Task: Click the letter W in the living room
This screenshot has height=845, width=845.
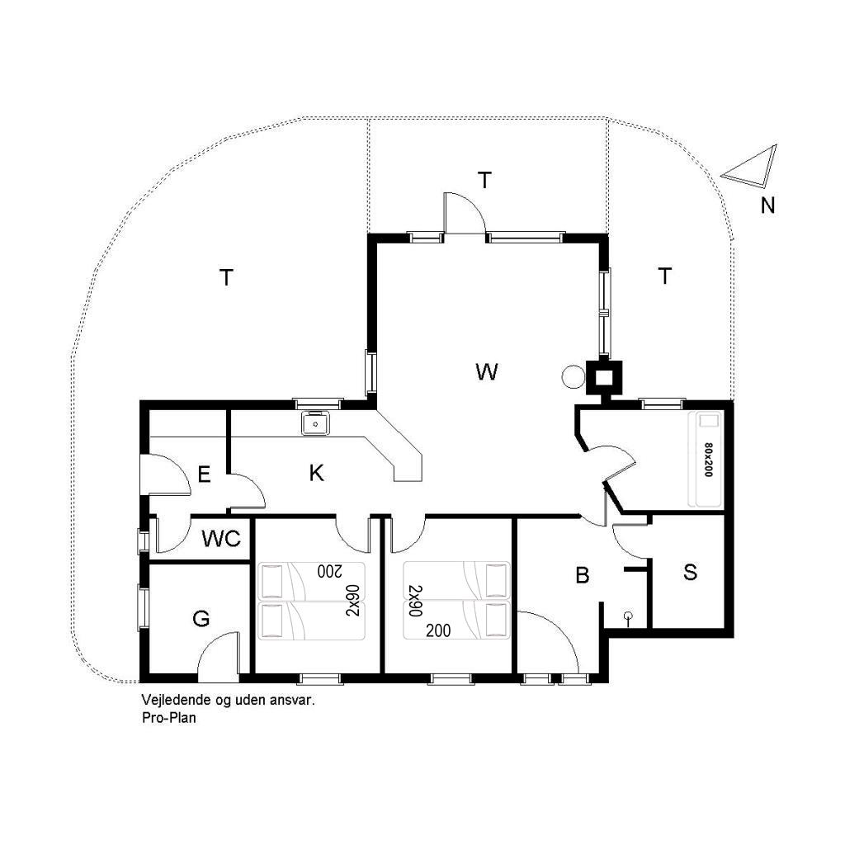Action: coord(487,372)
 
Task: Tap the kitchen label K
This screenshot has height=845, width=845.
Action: coord(317,473)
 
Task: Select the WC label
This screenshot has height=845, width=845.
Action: coord(221,538)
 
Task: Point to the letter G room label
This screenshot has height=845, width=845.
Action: coord(201,619)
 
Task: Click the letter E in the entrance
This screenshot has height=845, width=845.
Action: coord(205,474)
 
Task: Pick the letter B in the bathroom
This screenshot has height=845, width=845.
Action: coord(583,575)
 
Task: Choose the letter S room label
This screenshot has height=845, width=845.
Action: coord(691,572)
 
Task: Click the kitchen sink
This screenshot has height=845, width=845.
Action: coord(315,423)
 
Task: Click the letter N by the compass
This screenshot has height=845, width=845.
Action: coord(768,205)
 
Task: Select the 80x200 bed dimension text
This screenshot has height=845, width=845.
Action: coord(708,460)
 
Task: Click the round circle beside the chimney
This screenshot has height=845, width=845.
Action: coord(573,376)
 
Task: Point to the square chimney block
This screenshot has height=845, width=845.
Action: coord(604,377)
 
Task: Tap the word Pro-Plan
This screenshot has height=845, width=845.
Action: coord(169,718)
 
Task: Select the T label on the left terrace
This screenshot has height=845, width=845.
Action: coord(226,277)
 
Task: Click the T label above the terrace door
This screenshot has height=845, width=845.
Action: coord(485,180)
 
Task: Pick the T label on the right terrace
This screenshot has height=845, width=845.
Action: coord(665,276)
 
